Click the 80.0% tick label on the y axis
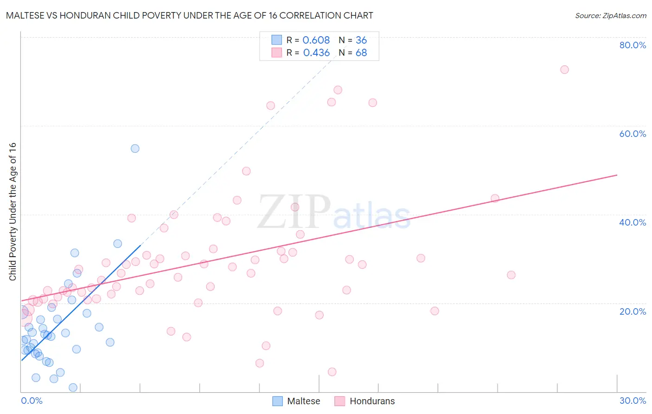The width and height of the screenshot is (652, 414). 633,45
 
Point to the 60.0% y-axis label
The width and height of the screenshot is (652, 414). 633,134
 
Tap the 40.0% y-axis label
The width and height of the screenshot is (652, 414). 633,222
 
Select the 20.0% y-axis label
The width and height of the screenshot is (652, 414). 633,311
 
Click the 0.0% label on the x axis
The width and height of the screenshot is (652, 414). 32,401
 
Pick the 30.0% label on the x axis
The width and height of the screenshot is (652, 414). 633,401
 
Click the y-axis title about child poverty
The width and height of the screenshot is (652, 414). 13,211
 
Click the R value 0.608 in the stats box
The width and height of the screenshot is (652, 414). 316,40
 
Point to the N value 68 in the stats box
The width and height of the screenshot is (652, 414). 361,53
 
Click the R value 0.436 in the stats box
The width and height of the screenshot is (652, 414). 316,53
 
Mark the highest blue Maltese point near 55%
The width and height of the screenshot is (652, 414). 135,149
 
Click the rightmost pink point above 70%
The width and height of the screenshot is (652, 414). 564,70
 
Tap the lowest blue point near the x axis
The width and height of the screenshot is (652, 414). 73,388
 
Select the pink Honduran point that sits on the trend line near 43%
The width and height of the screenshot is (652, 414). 495,198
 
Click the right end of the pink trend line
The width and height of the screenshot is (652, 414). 617,175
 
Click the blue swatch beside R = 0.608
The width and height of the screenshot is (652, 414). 277,40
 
